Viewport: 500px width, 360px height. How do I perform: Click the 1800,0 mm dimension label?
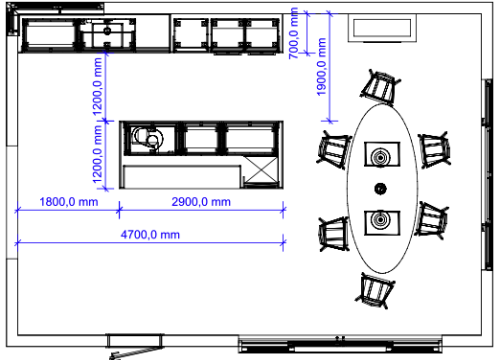69,202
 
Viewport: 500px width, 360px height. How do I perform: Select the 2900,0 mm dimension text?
201,202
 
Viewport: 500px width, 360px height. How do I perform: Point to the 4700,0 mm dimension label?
150,235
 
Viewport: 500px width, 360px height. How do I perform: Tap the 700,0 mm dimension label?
294,33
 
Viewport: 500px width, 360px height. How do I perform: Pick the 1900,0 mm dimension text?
321,67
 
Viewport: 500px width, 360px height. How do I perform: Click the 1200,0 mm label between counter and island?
97,87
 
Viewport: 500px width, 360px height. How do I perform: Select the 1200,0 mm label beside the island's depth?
97,154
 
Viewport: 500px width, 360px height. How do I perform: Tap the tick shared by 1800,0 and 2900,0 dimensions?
119,210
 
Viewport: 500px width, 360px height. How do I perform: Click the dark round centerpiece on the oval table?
380,188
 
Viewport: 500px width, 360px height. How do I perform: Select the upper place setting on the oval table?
382,154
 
